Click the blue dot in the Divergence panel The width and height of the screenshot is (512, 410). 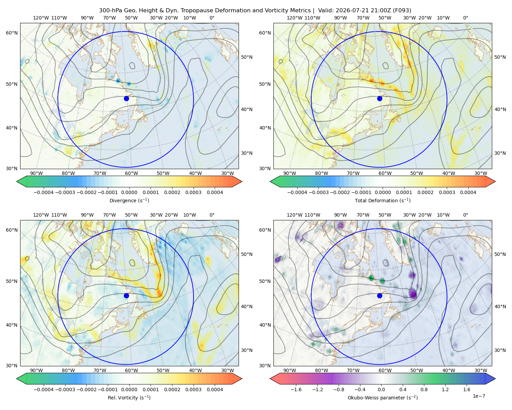tap(126, 98)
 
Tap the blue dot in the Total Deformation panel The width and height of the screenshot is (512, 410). tap(380, 98)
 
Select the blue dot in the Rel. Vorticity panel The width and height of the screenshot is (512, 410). tap(126, 296)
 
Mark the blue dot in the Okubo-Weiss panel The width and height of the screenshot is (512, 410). tap(380, 296)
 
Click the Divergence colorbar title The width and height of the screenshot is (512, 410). tap(129, 200)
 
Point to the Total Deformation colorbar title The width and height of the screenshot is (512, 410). tap(383, 200)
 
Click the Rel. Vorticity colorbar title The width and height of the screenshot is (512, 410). tap(129, 397)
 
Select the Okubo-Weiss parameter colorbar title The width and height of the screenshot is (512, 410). tap(383, 397)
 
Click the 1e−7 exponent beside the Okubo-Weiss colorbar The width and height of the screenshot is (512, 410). tap(479, 396)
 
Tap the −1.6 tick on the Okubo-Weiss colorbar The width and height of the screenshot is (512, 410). tap(296, 389)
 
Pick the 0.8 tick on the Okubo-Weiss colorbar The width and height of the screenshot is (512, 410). tap(424, 389)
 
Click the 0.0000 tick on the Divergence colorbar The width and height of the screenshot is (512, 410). tap(129, 192)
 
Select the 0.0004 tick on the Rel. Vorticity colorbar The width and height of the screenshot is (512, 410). tap(215, 389)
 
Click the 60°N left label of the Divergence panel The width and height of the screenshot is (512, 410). tap(12, 33)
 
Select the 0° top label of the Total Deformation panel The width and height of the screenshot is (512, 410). tap(465, 18)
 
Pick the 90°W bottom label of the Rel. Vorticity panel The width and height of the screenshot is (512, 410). tap(37, 370)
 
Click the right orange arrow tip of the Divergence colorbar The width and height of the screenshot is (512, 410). tap(242, 181)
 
